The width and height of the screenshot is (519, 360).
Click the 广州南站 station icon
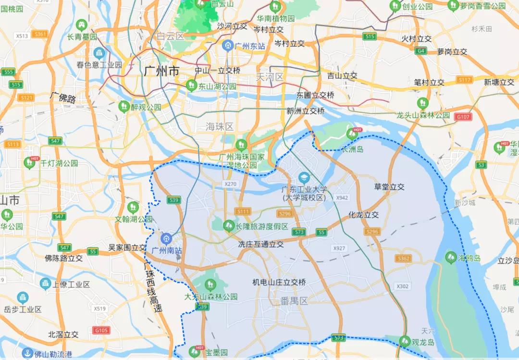(x=166, y=238)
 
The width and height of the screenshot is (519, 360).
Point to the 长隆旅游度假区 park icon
(x=229, y=225)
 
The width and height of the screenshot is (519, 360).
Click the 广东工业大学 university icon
(x=304, y=177)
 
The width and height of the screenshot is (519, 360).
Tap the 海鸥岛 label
(x=469, y=258)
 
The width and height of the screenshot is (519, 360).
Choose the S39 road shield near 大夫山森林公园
(x=202, y=307)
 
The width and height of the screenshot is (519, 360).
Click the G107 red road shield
(x=464, y=117)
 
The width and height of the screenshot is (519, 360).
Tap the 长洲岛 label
(x=352, y=149)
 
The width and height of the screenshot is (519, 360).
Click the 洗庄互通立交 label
(x=261, y=244)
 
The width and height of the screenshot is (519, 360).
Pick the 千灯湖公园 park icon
(x=30, y=163)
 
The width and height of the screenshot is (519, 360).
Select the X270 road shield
(x=231, y=184)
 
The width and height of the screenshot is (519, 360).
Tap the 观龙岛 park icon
(x=405, y=342)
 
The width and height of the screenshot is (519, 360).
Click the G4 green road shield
(x=421, y=50)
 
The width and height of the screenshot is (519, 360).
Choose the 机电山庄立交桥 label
(x=279, y=282)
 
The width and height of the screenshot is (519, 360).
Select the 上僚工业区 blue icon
(x=46, y=284)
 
